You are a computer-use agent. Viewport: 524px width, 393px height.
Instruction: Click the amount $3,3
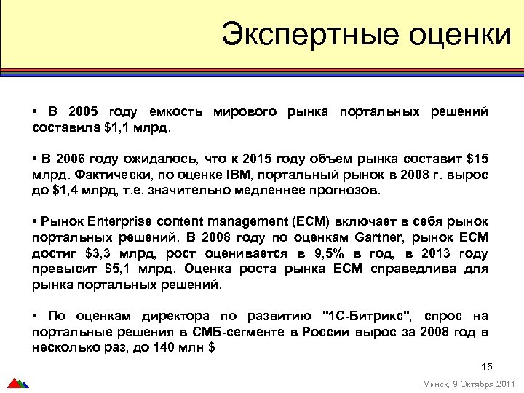[99, 253]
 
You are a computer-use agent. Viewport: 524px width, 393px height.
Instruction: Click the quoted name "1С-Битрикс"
[367, 316]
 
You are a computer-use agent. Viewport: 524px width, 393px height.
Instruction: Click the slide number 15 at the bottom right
[487, 366]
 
